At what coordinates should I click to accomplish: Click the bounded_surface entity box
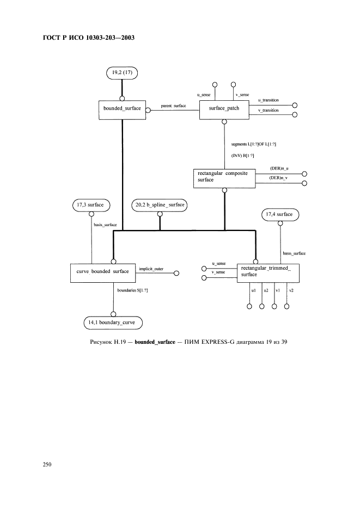(x=122, y=108)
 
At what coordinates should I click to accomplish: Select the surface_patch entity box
(x=224, y=108)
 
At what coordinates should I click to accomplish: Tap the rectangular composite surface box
(x=224, y=178)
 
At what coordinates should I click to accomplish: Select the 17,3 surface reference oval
(x=91, y=205)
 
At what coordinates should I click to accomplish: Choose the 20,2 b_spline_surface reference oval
(x=159, y=205)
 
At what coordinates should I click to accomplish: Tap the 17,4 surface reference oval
(x=280, y=215)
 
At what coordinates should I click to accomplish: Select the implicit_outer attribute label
(x=151, y=269)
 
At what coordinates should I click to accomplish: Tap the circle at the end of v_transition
(x=295, y=114)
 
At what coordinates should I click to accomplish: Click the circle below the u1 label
(x=250, y=306)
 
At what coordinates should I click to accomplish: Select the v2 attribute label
(x=291, y=290)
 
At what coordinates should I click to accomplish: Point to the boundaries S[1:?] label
(x=133, y=290)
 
